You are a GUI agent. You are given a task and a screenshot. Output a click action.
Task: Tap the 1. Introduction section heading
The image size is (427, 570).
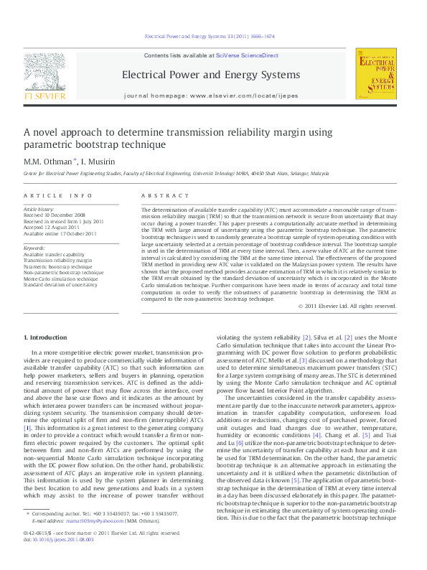[47, 337]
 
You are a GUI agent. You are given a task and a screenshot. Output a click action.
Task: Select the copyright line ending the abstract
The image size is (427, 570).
[347, 306]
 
